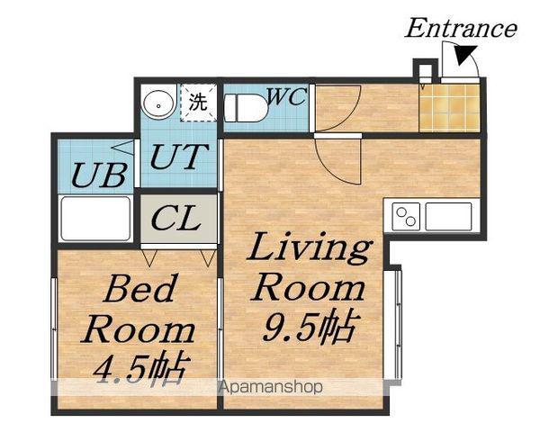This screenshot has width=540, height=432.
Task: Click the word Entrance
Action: (x=461, y=28)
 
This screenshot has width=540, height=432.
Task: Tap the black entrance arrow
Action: (x=464, y=54)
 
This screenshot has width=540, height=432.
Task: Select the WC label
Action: (x=286, y=96)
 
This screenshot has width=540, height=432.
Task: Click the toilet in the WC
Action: (x=246, y=108)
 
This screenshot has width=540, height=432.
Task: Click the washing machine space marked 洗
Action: (x=199, y=103)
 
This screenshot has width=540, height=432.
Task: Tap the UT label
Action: (x=179, y=157)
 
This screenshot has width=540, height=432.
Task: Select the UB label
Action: (x=100, y=175)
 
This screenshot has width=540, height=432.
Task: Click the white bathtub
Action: (x=95, y=218)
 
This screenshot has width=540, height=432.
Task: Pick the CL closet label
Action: (x=176, y=218)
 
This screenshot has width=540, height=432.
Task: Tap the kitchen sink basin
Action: (x=448, y=216)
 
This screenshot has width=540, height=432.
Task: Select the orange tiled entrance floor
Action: (x=449, y=108)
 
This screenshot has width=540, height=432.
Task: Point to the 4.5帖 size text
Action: (x=142, y=370)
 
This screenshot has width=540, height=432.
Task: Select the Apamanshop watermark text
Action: (x=271, y=387)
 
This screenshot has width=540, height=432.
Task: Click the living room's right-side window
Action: (x=397, y=325)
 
